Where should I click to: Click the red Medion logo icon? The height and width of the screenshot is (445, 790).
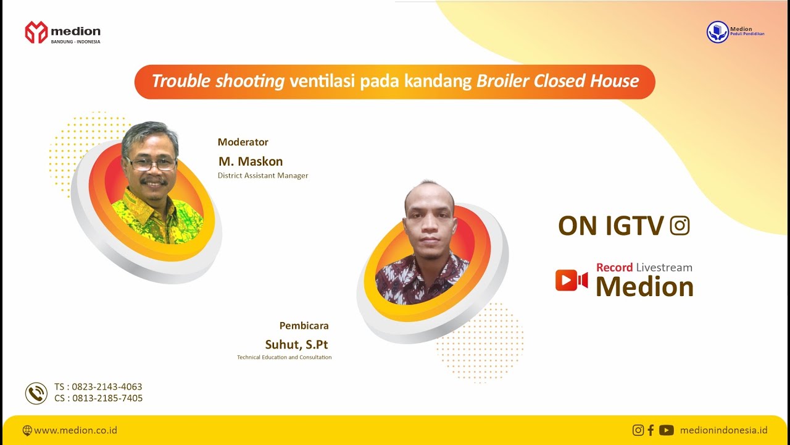click(x=36, y=32)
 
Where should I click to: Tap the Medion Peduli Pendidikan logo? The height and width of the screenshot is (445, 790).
click(x=718, y=32)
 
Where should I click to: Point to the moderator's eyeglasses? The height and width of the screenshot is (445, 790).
click(x=151, y=164)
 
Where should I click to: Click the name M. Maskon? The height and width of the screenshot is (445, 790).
click(x=251, y=161)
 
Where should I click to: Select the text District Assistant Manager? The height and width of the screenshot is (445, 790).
click(x=263, y=176)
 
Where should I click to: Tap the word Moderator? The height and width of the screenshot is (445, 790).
click(x=243, y=142)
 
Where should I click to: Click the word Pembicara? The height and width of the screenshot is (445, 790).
click(x=304, y=326)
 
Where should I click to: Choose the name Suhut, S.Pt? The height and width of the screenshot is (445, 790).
click(x=297, y=344)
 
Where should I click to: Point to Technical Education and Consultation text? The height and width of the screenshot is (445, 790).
click(x=284, y=357)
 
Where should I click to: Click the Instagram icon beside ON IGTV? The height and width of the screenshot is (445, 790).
click(x=680, y=226)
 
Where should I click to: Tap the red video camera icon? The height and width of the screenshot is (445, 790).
click(x=571, y=280)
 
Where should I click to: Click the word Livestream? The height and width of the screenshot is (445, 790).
click(x=664, y=268)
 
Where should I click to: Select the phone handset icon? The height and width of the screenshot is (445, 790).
click(x=36, y=393)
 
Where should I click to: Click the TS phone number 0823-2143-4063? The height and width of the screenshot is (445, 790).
click(x=107, y=387)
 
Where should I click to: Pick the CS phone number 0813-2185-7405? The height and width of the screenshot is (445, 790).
click(x=107, y=399)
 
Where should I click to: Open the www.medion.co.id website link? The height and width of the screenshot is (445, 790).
click(x=75, y=430)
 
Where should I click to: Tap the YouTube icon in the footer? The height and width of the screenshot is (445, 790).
click(x=666, y=430)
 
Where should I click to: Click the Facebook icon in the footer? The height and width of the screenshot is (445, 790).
click(x=651, y=430)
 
